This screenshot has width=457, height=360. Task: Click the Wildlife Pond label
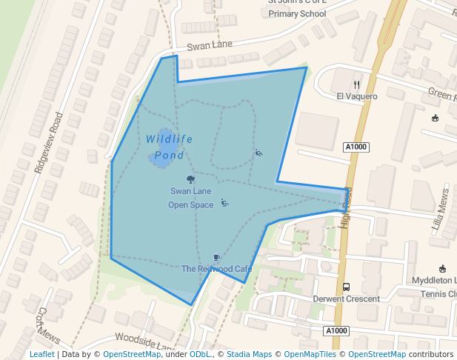(169, 147)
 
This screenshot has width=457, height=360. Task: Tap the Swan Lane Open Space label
(190, 198)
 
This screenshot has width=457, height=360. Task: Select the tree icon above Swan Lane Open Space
(191, 179)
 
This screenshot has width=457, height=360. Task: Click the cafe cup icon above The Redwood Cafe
(216, 257)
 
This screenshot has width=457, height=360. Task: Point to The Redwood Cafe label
(216, 268)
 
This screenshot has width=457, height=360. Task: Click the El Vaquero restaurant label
(356, 96)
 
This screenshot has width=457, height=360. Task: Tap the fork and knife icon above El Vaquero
(356, 84)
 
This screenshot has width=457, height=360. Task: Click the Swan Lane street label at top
(210, 46)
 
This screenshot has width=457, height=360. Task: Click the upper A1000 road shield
(356, 147)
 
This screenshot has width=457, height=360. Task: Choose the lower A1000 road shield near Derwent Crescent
(336, 330)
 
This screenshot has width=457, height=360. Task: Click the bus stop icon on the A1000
(346, 287)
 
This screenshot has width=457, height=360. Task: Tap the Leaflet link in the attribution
(41, 354)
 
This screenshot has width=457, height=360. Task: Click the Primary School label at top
(297, 14)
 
